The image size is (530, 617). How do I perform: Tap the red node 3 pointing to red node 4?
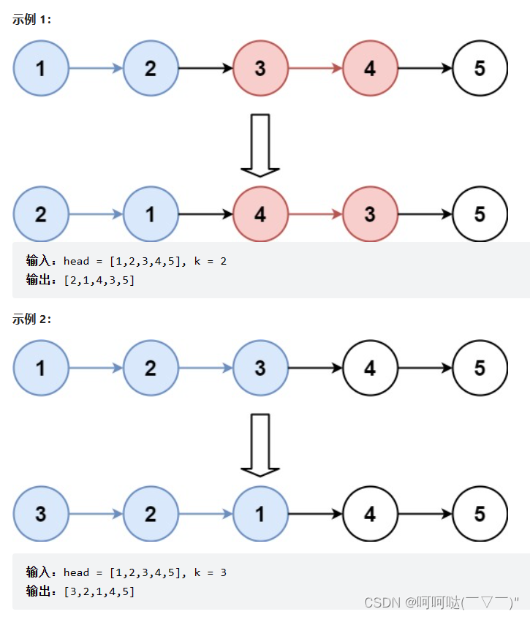coord(260,68)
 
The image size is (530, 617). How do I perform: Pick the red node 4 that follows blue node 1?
coord(260,214)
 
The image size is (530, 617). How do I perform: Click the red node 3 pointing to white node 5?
coord(370,214)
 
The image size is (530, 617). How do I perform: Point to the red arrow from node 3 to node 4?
coord(315,68)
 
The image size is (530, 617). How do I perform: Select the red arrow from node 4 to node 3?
coord(315,214)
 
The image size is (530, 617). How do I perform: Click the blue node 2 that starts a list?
coord(41,214)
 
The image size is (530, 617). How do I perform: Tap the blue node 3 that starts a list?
coord(41,514)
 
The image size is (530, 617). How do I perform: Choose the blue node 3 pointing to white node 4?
coord(260,368)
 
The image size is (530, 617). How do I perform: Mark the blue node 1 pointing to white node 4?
coord(260,514)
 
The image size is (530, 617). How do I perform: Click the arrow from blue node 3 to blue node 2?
coord(96,514)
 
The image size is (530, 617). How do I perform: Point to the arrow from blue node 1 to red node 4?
coord(205,214)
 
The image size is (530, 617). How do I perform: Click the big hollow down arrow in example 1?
coord(260,145)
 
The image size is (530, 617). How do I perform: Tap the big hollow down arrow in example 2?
coord(260,444)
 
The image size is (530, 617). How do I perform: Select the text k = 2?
coord(210,261)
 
